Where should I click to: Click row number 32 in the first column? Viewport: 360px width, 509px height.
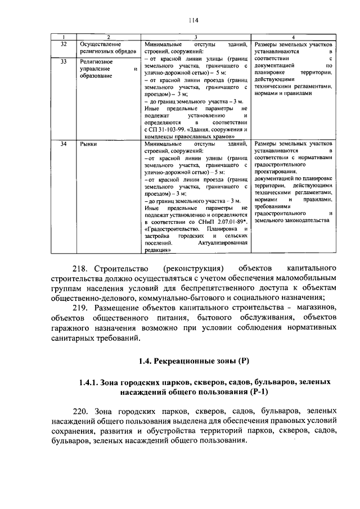64,44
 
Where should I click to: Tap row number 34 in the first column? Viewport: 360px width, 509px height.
64,144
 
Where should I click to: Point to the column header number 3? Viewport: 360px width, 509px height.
195,37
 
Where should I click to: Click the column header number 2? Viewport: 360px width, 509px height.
108,37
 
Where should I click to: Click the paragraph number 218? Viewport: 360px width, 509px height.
82,265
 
